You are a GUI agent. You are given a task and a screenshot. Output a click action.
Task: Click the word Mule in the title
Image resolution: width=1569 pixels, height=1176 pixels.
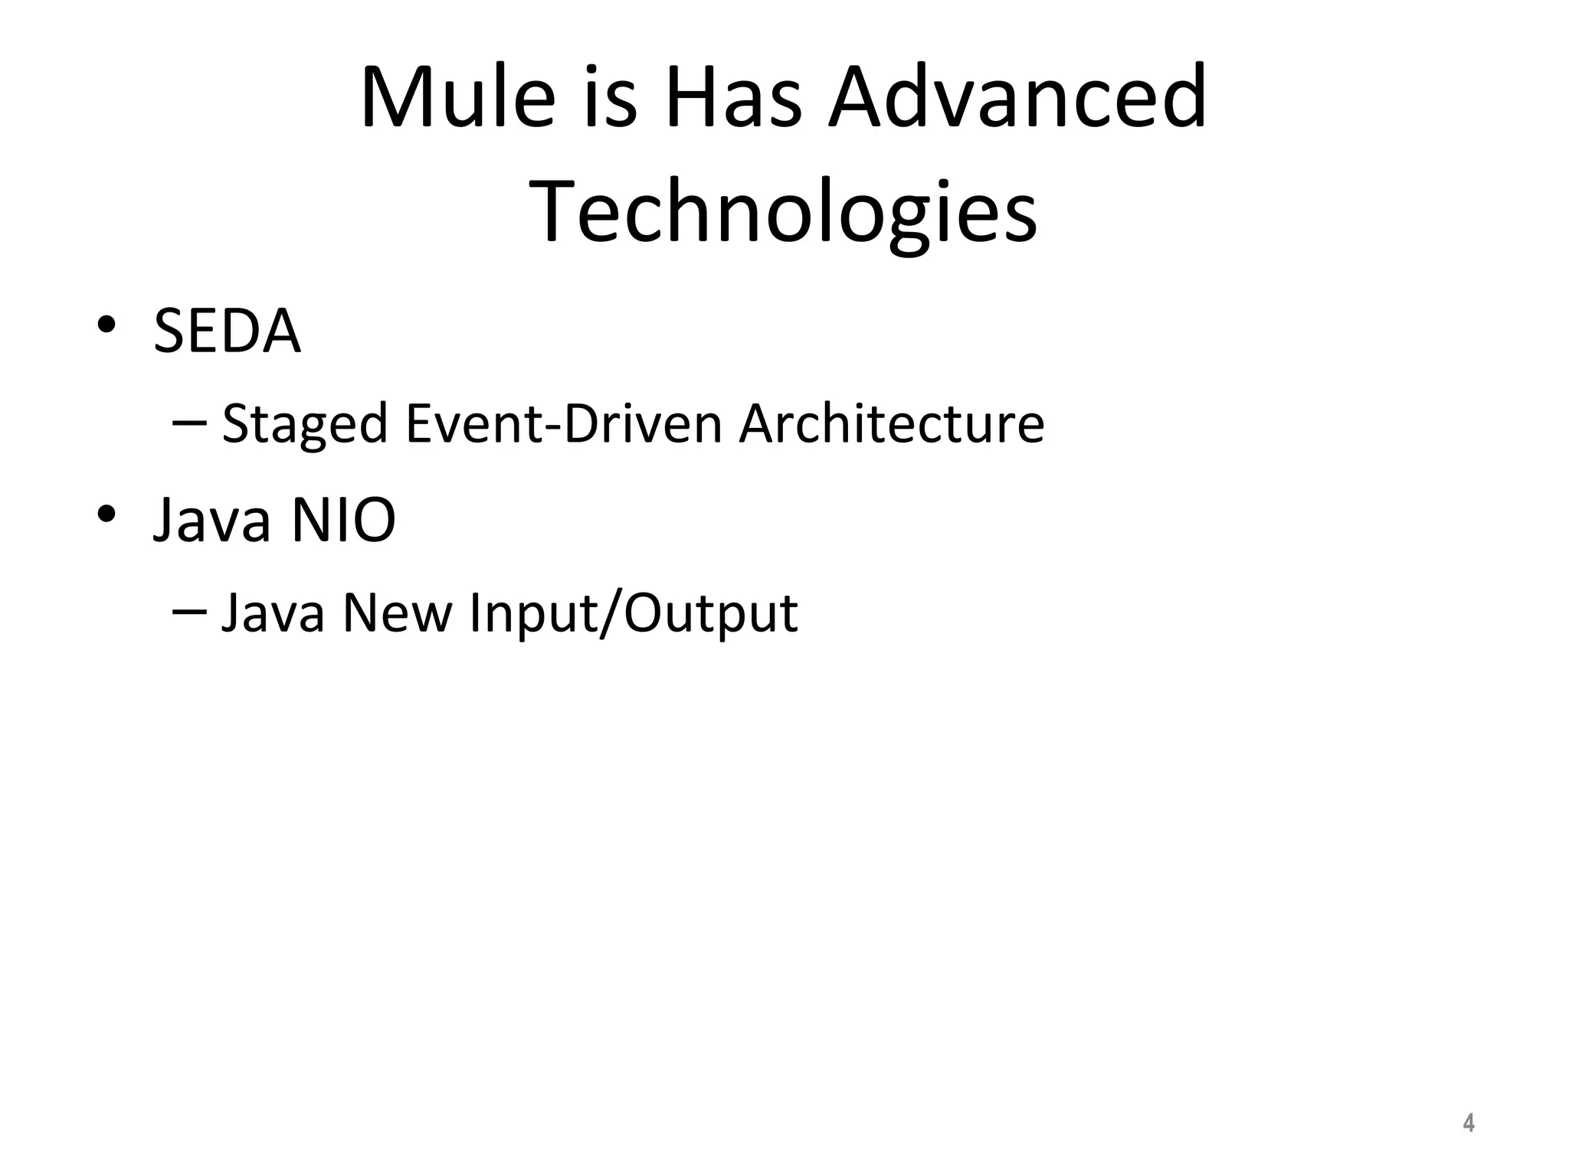457,98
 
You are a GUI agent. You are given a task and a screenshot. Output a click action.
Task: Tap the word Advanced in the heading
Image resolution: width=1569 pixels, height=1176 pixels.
1017,98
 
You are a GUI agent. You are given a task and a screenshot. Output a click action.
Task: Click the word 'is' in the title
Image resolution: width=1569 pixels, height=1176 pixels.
610,98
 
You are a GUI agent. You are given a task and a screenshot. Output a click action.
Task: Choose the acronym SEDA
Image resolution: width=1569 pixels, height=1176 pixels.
227,331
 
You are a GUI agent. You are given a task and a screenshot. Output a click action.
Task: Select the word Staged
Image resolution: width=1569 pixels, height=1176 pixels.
304,423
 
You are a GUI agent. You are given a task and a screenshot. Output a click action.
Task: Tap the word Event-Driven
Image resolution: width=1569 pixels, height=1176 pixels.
564,423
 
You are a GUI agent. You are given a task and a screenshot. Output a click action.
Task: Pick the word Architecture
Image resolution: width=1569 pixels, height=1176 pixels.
891,423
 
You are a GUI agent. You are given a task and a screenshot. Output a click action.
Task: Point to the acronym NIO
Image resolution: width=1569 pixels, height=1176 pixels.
343,521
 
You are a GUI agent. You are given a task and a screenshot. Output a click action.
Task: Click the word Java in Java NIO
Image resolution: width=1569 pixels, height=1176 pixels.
213,521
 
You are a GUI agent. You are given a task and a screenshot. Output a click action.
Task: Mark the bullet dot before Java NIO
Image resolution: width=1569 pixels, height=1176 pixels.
106,514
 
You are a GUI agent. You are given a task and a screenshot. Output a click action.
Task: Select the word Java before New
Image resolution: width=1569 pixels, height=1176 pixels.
273,613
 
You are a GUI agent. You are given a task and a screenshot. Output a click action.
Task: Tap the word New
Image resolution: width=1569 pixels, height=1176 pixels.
398,613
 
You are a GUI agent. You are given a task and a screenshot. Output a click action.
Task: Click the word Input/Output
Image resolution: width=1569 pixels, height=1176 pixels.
633,613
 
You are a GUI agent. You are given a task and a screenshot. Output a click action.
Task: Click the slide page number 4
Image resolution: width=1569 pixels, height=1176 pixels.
1468,1123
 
